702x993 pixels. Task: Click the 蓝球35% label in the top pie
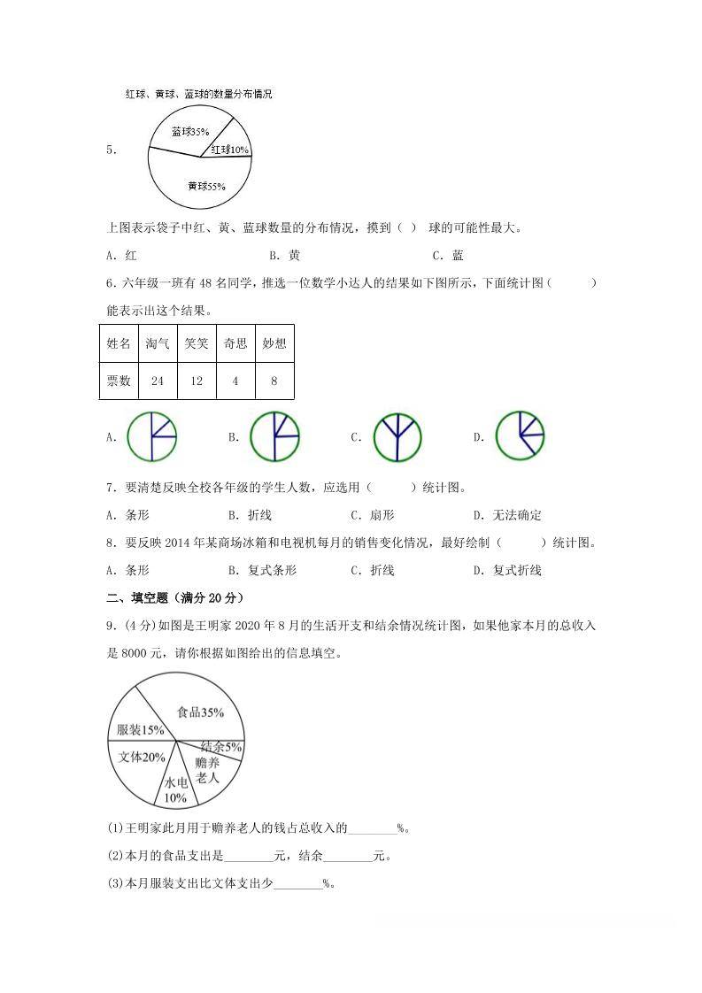click(190, 132)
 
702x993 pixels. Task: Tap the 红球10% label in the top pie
click(229, 150)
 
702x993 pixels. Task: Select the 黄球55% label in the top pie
click(206, 186)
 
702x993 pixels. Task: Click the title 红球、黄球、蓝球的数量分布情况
click(198, 94)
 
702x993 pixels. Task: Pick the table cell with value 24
click(158, 381)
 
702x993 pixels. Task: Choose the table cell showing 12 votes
click(197, 381)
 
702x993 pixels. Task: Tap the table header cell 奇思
click(235, 343)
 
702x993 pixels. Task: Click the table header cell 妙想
click(274, 343)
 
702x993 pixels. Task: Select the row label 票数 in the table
click(119, 381)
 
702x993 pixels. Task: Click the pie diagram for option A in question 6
click(151, 436)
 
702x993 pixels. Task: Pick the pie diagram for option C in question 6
click(397, 437)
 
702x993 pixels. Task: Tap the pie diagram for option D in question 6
click(520, 435)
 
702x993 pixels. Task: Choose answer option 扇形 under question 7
click(382, 515)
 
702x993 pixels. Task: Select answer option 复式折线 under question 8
click(517, 570)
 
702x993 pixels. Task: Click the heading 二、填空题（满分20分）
click(174, 597)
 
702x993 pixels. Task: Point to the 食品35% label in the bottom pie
click(200, 712)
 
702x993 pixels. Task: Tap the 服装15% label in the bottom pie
click(141, 730)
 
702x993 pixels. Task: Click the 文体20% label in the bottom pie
click(142, 757)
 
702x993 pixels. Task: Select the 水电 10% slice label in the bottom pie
click(175, 790)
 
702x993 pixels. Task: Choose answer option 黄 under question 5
click(294, 255)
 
